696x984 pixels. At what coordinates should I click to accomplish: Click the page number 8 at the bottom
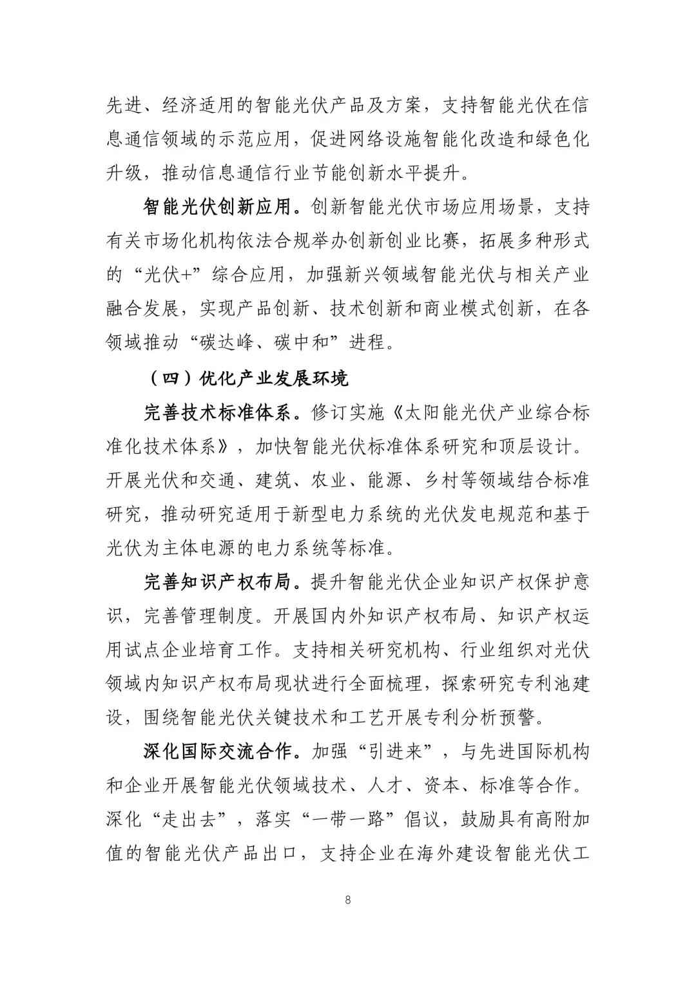[348, 900]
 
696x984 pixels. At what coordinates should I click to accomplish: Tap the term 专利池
[528, 684]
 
